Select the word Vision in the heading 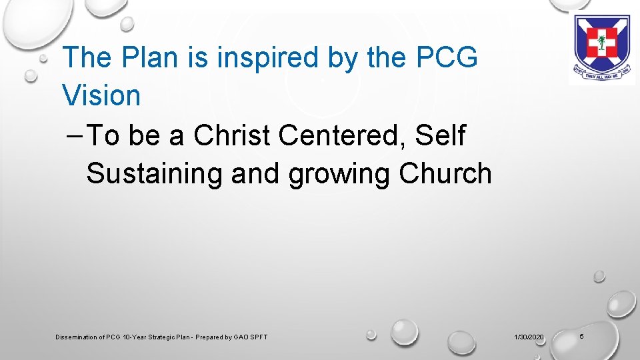point(101,95)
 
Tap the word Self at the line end point(441,135)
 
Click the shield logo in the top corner point(602,45)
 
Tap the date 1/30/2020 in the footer point(529,337)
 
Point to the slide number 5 point(581,337)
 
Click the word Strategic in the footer point(168,337)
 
